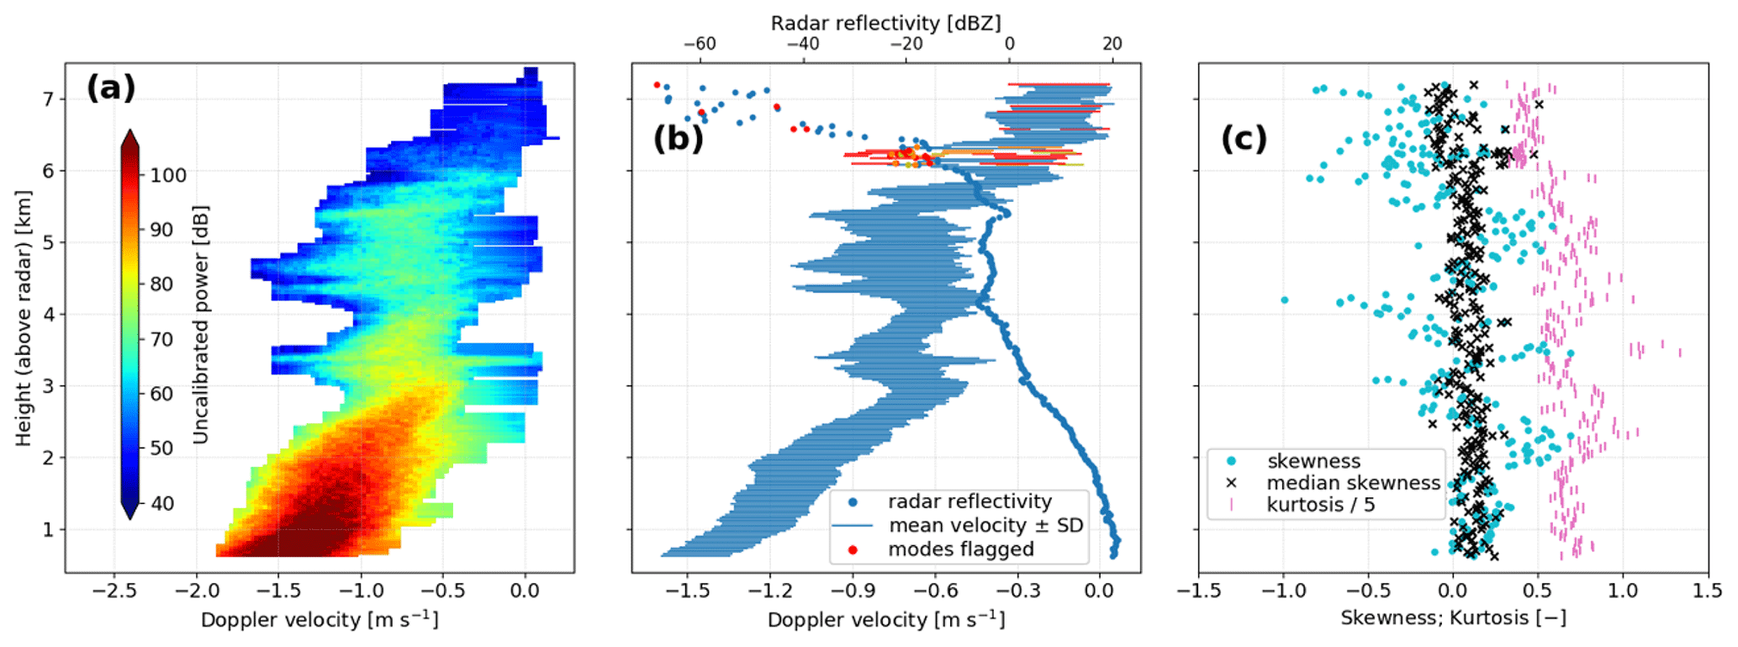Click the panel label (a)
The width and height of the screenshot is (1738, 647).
click(110, 88)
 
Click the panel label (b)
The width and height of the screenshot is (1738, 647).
click(678, 139)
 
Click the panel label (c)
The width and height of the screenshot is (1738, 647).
click(1244, 139)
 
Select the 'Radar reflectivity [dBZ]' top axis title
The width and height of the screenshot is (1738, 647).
click(885, 23)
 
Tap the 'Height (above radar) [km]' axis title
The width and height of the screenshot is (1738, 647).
click(23, 318)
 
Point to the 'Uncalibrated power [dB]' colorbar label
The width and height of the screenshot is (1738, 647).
click(200, 324)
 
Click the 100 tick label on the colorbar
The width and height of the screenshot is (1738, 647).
click(168, 175)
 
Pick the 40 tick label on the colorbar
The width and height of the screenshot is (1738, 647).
click(161, 503)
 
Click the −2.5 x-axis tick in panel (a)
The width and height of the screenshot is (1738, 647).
click(115, 591)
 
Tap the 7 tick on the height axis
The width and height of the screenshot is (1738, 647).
click(48, 99)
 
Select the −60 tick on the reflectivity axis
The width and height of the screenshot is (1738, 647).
click(700, 44)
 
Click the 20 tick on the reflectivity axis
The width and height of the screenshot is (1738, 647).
click(1112, 44)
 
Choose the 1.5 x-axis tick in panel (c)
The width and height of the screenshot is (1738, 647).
click(1707, 591)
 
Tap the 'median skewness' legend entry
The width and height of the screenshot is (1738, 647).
click(1353, 483)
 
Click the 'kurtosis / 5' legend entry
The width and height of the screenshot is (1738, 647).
click(1320, 505)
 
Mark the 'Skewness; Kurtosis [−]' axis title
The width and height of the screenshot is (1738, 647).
click(1453, 618)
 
